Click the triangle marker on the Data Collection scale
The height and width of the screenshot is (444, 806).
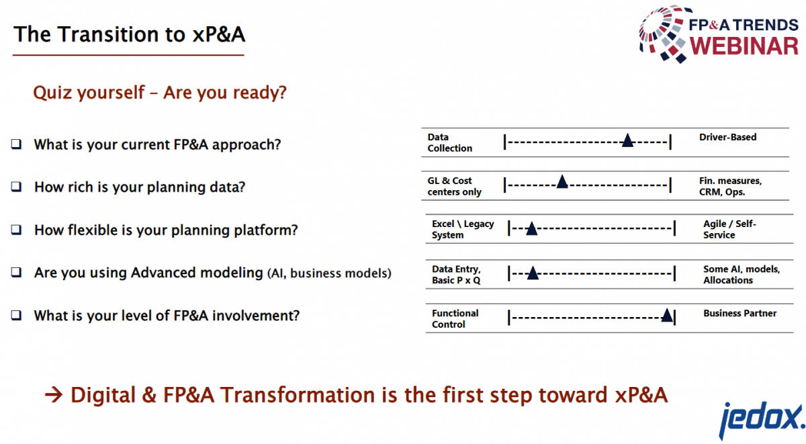[627, 140]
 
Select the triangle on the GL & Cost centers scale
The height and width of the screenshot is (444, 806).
[562, 182]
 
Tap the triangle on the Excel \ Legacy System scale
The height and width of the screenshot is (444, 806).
[531, 228]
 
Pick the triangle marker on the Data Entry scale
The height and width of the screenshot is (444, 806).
[533, 273]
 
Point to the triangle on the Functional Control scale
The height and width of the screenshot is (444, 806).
[667, 315]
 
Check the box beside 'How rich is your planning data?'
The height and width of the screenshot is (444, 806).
[16, 187]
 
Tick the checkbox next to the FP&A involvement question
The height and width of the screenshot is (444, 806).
[16, 315]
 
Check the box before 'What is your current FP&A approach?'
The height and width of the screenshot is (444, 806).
[16, 144]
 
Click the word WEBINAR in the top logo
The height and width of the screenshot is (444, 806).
[744, 46]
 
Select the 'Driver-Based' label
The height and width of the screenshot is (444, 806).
[727, 137]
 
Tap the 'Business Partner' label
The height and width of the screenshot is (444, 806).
[740, 314]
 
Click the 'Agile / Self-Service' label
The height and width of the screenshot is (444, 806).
[729, 229]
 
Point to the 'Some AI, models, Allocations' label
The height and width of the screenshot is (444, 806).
[742, 275]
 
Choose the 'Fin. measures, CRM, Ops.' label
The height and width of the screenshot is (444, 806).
[731, 186]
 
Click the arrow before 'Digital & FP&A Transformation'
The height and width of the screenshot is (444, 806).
[54, 396]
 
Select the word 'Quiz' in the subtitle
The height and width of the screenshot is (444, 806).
[52, 93]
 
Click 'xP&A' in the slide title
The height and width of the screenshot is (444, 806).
[219, 34]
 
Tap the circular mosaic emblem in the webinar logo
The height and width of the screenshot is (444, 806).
[662, 34]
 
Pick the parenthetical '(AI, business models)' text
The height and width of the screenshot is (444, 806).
[329, 273]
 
